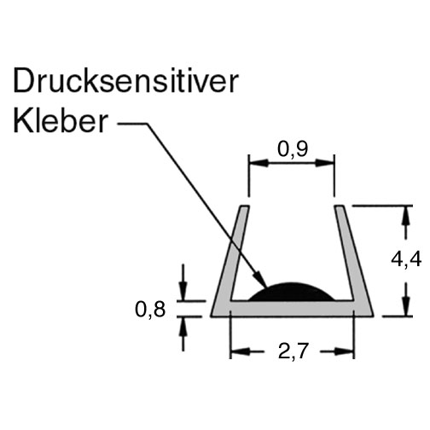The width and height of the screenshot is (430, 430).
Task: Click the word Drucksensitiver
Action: point(125,81)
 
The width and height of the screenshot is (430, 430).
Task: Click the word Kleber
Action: point(61,121)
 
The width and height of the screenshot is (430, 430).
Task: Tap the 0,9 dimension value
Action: point(293,149)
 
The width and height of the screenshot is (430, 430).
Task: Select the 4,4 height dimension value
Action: point(406,259)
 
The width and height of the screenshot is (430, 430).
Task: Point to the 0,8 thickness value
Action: point(150,310)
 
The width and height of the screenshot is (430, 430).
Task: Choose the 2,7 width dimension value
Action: point(293,351)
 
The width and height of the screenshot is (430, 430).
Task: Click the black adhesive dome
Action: point(292,292)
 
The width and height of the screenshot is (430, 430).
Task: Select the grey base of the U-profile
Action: point(292,308)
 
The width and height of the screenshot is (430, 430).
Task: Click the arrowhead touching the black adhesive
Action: point(260,280)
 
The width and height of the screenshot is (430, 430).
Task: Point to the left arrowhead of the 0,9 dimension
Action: point(259,163)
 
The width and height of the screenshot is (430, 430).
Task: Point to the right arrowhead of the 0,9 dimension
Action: point(325,163)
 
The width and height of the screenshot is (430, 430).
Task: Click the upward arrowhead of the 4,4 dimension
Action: point(407,215)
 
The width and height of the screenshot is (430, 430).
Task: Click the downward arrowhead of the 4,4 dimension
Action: point(407,305)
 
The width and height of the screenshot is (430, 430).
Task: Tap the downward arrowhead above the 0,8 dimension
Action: point(183,291)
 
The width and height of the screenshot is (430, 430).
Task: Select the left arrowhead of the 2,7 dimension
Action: point(240,352)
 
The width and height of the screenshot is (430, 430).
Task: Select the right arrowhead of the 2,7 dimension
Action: point(345,352)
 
